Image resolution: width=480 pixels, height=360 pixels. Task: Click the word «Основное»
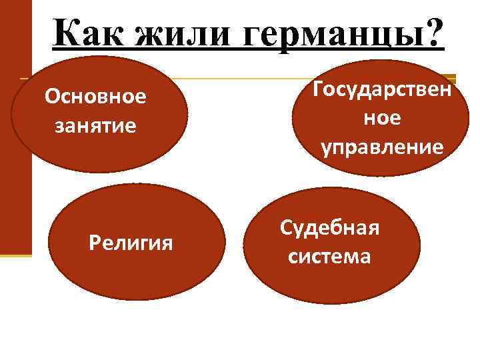[95, 97]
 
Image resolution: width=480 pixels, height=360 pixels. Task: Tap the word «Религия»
[131, 243]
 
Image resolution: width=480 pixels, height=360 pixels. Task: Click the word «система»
[329, 256]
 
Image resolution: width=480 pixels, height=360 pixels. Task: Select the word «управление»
[382, 146]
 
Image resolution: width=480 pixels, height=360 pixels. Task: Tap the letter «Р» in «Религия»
[94, 243]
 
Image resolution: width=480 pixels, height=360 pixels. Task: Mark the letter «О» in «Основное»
[51, 97]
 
